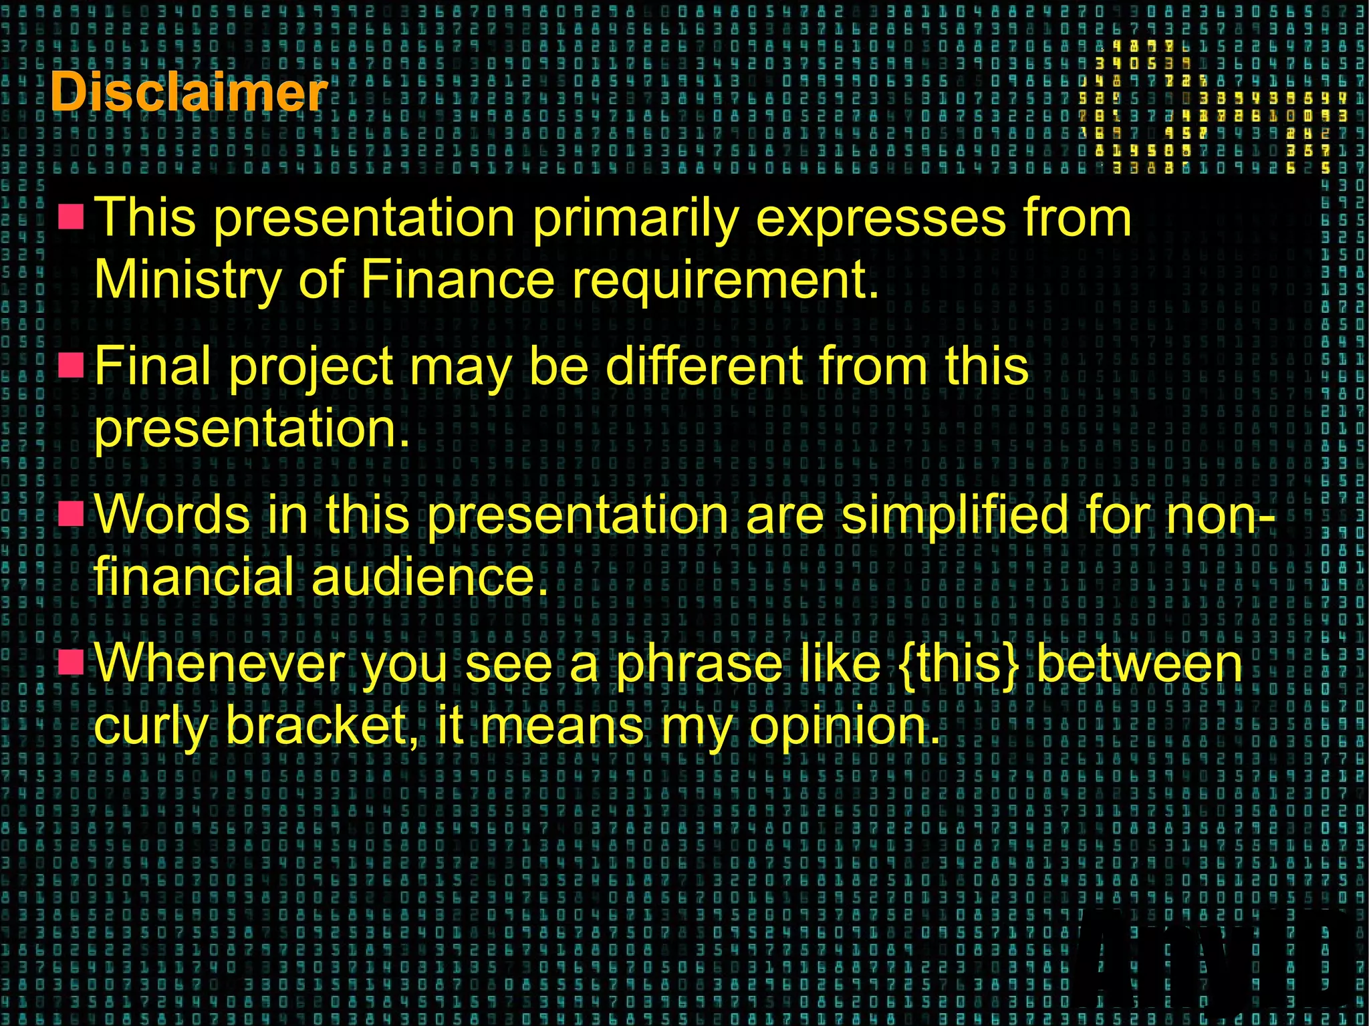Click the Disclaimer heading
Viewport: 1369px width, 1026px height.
tap(189, 92)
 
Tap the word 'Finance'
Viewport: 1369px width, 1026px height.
tap(457, 279)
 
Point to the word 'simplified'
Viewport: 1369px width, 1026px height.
tap(955, 516)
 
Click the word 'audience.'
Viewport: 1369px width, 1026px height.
tap(430, 576)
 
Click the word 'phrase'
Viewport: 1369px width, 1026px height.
tap(699, 665)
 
